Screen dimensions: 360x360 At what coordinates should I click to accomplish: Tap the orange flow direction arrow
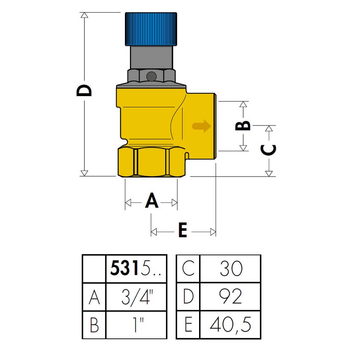[x=201, y=126]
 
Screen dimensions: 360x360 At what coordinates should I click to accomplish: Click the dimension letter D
[x=84, y=91]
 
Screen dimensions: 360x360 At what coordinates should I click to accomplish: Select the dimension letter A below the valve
[x=151, y=201]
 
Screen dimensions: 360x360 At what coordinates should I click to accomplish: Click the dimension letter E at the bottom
[x=183, y=231]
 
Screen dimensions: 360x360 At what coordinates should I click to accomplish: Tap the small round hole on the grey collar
[x=150, y=76]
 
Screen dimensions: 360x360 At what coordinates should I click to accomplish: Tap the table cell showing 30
[x=230, y=269]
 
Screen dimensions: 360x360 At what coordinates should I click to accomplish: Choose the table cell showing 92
[x=230, y=297]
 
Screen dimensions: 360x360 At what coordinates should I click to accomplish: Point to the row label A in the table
[x=94, y=297]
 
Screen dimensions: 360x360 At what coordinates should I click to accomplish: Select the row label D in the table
[x=188, y=297]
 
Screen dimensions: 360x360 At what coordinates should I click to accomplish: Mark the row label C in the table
[x=188, y=269]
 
